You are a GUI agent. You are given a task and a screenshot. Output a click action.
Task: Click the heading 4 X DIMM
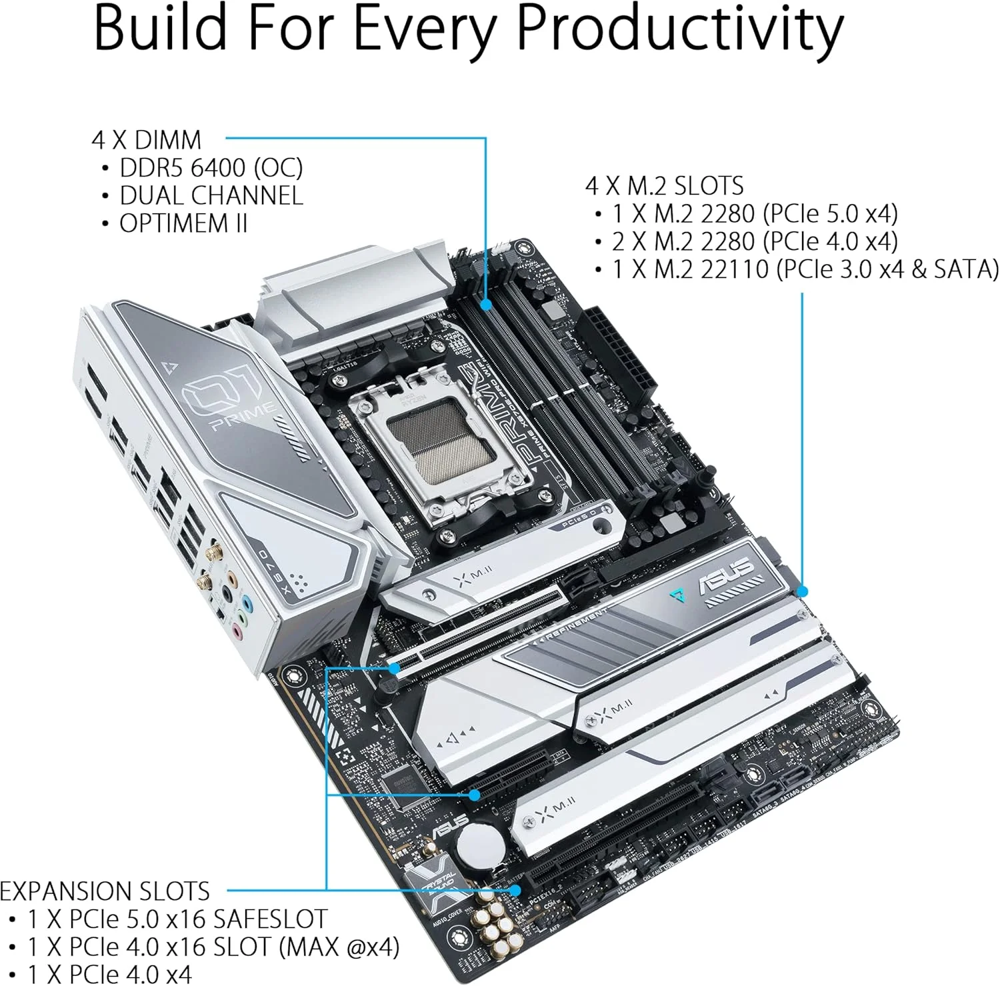[x=146, y=140]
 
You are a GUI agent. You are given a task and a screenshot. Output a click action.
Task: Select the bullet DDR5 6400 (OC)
[x=211, y=167]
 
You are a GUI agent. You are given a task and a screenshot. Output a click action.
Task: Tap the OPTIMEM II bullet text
[x=183, y=223]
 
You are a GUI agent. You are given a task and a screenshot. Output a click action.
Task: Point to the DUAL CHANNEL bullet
[x=211, y=195]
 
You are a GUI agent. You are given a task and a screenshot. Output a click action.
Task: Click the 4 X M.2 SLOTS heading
[x=664, y=185]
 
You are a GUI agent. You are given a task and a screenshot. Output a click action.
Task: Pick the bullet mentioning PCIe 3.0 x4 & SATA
[x=805, y=269]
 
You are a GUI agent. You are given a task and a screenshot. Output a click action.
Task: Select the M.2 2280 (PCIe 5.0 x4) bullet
[x=755, y=213]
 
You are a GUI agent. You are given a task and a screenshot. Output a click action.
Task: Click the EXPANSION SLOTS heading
[x=105, y=891]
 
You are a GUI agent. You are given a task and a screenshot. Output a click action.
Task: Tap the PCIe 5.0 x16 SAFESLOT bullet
[x=177, y=919]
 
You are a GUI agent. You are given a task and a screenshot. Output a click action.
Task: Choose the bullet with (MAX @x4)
[x=213, y=947]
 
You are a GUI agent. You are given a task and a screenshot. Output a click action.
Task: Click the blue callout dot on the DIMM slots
[x=487, y=304]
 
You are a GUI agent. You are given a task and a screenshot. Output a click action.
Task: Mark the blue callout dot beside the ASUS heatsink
[x=802, y=591]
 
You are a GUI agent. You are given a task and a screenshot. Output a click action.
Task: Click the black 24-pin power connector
[x=615, y=357]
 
